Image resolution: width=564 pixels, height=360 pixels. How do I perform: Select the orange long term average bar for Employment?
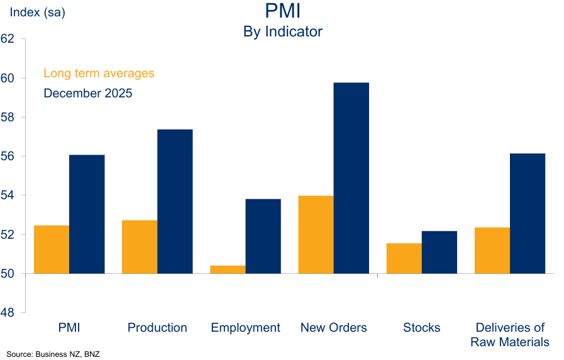[228, 270]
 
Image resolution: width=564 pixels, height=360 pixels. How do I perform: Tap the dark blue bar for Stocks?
[439, 253]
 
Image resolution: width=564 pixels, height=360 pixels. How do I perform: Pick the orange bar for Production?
[140, 247]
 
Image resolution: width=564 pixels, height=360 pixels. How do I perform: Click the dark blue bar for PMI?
[87, 214]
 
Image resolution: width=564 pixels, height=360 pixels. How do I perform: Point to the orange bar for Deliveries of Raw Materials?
[492, 251]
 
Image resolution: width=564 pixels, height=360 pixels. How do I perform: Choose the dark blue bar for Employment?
[263, 236]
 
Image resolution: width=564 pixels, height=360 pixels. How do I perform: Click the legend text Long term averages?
[99, 74]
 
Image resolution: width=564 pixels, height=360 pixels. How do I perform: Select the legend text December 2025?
[87, 94]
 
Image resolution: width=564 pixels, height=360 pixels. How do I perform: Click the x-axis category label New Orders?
[333, 328]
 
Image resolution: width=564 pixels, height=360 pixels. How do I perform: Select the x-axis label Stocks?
[421, 328]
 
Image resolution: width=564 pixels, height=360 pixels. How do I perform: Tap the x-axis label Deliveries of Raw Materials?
[510, 335]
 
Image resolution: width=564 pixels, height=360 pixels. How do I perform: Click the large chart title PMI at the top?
[282, 11]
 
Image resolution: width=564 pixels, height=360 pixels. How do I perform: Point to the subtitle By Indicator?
[282, 31]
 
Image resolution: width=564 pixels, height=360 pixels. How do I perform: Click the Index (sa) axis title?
[37, 12]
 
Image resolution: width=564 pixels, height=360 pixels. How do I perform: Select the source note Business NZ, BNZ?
[53, 353]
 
